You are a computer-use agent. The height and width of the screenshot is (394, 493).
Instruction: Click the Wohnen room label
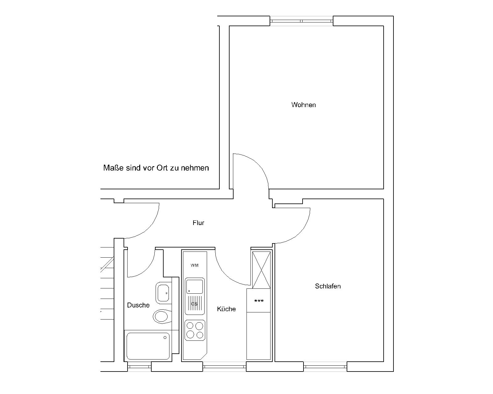point(303,105)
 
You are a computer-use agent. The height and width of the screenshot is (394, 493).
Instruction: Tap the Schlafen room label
point(328,286)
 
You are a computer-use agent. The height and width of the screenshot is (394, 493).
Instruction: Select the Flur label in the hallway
point(198,223)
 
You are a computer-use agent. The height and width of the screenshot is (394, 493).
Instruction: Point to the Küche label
point(226,309)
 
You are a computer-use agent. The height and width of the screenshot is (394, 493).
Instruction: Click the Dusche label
point(138,305)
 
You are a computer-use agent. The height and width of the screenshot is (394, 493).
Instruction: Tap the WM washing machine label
point(194,266)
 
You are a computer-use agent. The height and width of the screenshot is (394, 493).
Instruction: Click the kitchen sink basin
point(194,287)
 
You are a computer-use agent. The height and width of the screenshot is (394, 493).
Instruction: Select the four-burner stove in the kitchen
point(195,330)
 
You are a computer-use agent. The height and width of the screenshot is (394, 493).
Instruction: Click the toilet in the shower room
point(162,317)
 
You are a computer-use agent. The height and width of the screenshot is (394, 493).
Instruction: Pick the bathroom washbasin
point(164,293)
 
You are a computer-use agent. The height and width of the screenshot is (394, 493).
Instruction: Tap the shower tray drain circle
point(165,337)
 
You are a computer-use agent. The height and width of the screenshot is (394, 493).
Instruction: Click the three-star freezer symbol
point(259,301)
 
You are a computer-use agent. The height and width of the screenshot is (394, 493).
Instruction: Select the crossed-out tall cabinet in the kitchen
point(261,270)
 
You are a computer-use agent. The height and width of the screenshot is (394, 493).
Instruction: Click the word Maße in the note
point(113,168)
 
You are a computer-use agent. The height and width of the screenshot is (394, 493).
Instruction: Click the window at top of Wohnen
point(301,21)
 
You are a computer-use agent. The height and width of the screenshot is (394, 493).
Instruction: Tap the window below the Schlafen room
point(325,367)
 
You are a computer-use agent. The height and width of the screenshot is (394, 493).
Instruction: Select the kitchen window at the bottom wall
point(225,367)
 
